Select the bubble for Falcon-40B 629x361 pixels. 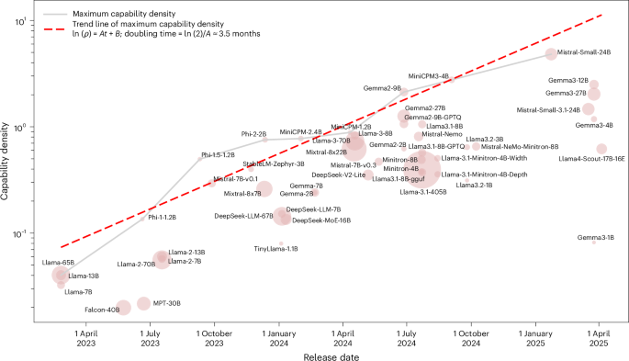(123, 307)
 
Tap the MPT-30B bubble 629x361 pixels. (143, 303)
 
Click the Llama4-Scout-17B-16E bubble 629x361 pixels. (601, 149)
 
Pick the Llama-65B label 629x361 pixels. (58, 263)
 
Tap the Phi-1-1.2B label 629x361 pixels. (162, 218)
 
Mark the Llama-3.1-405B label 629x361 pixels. (423, 193)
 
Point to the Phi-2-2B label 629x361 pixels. (253, 134)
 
